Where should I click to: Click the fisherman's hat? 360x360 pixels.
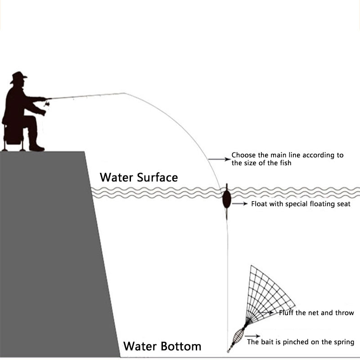click(18, 77)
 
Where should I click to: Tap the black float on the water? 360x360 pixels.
click(226, 199)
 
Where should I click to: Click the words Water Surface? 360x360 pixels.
click(139, 177)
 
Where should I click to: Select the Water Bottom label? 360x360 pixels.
click(162, 346)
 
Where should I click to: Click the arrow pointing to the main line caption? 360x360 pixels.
click(219, 159)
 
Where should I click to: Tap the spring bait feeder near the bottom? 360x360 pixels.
click(237, 335)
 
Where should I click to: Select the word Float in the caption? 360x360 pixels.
click(259, 204)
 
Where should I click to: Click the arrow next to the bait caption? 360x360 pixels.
click(252, 336)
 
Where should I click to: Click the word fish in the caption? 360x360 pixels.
click(283, 163)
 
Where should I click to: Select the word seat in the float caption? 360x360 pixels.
click(342, 204)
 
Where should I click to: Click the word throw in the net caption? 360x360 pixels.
click(345, 313)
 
